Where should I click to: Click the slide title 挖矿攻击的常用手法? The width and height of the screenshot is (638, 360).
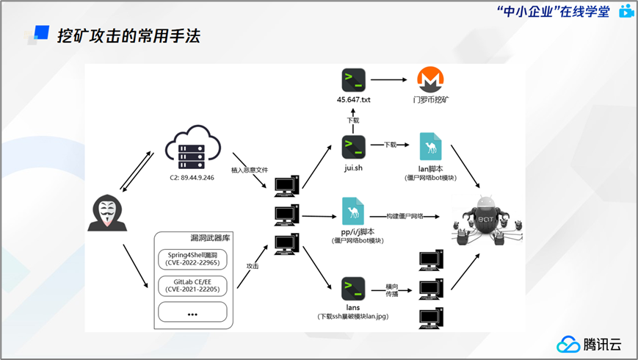pos(128,35)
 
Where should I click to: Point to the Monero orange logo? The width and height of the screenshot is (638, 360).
pos(431,79)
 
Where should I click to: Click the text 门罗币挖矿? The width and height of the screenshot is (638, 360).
pos(431,99)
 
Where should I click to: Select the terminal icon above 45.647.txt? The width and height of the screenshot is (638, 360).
pos(354,79)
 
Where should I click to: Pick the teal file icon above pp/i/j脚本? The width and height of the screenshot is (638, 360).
pos(353,212)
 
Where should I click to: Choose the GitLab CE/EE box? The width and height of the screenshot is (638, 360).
pos(193,285)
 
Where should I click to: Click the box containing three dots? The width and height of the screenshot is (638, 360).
pos(193,312)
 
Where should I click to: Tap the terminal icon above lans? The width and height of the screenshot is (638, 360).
pos(354,287)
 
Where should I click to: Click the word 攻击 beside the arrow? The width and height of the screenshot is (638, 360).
pos(253,266)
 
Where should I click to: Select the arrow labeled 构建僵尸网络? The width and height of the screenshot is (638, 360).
pos(411,217)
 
